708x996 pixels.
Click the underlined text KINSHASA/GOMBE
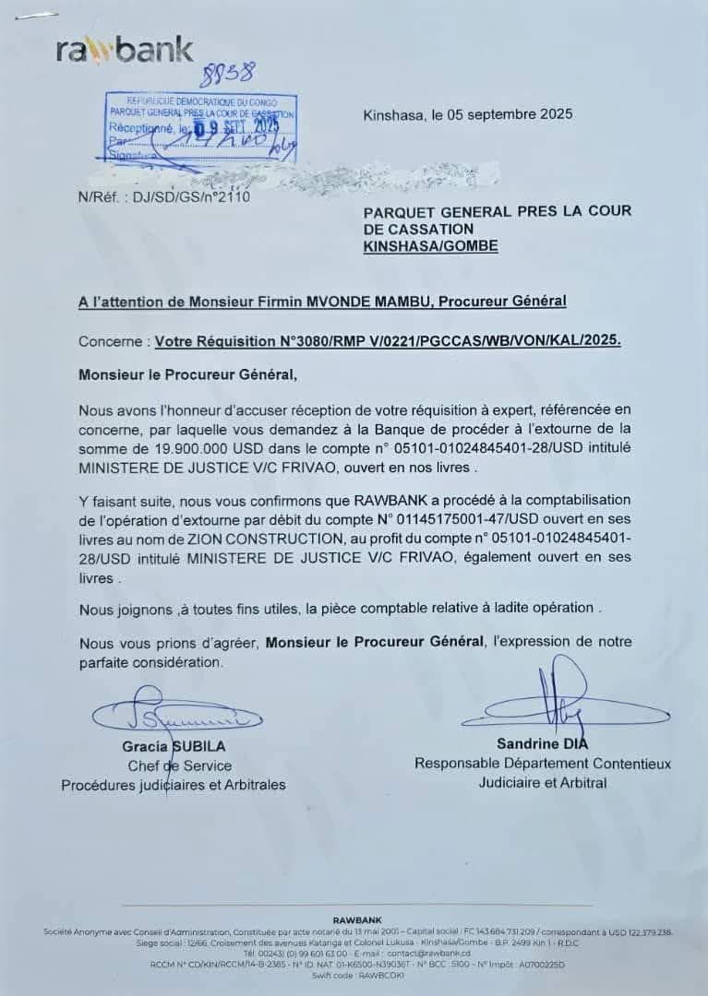pos(431,246)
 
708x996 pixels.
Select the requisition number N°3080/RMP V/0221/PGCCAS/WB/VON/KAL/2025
pos(388,340)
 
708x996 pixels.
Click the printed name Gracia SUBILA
pos(174,746)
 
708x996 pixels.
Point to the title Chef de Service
pos(180,765)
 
